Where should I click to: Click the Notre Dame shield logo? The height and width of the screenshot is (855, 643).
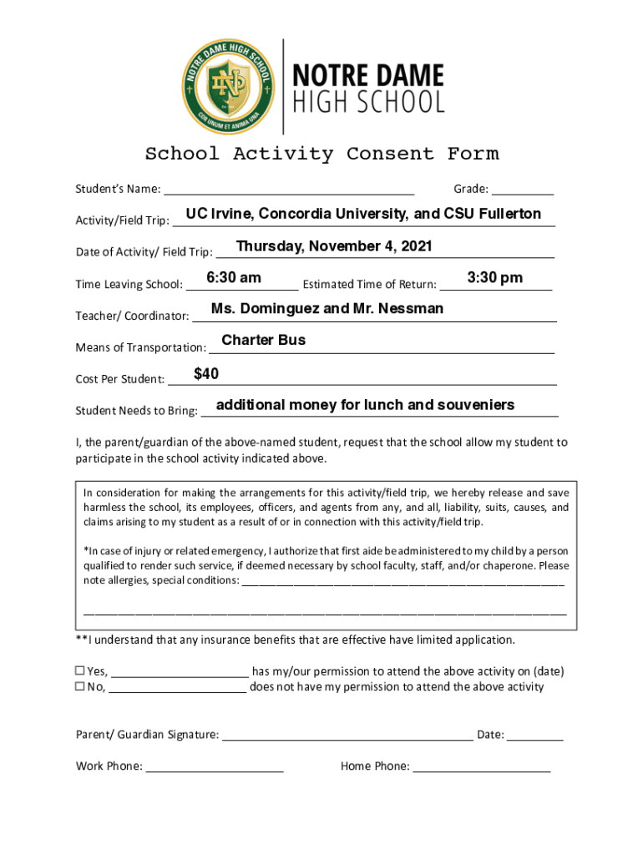tap(226, 85)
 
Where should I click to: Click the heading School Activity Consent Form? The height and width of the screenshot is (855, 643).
tap(321, 154)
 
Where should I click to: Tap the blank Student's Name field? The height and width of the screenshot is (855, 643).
tap(289, 189)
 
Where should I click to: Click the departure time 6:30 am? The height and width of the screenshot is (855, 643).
tap(234, 278)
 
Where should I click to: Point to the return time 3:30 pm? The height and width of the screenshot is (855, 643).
tap(495, 278)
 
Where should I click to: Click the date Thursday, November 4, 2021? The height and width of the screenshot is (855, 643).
tap(334, 246)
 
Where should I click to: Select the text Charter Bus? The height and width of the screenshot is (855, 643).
tap(263, 340)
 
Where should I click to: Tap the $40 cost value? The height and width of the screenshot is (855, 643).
tap(206, 374)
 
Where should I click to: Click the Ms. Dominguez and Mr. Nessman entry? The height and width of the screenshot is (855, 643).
tap(327, 309)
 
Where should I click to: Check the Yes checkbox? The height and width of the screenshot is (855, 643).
tap(81, 670)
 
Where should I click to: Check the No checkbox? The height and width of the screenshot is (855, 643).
tap(81, 686)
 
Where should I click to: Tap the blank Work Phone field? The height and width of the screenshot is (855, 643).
tap(215, 766)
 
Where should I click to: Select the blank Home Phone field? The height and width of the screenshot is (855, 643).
tap(482, 766)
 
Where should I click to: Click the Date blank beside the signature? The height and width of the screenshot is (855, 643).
tap(534, 735)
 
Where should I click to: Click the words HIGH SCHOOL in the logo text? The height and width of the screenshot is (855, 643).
tap(367, 103)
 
